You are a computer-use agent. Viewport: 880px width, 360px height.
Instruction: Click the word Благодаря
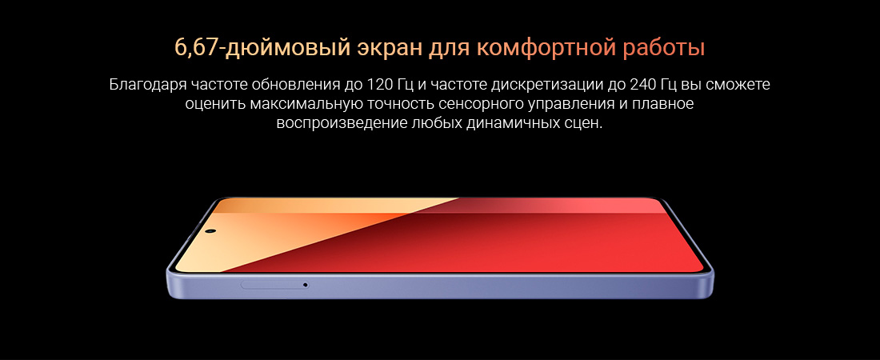click(x=147, y=86)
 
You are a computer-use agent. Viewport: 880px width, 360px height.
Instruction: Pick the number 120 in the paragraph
click(x=378, y=86)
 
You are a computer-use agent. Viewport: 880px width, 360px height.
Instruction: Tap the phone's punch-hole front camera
click(x=211, y=231)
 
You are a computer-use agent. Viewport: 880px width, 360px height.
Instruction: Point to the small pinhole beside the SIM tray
click(x=305, y=285)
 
